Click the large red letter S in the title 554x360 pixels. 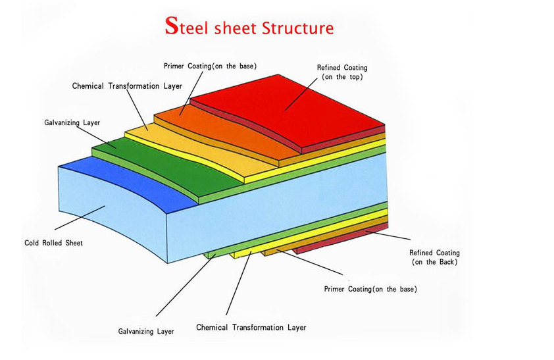pos(171,26)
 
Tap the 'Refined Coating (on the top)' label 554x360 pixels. pos(342,72)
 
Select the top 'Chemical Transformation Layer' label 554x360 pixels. pos(127,86)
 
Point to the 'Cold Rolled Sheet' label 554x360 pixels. pos(54,243)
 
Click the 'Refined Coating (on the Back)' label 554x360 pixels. pos(434,257)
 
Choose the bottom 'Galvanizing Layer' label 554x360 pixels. pos(146,332)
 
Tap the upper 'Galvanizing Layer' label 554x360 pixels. pos(72,122)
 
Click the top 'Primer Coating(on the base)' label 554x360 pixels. pos(211,66)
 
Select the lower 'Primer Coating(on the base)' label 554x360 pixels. pos(370,289)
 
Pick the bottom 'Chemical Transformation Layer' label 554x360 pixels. pos(251,328)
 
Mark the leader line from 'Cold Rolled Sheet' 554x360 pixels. pos(80,218)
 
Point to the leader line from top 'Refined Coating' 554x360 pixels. pos(301,94)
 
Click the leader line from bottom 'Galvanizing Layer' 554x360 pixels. pos(185,285)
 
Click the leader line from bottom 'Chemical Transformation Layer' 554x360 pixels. pos(238,283)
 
